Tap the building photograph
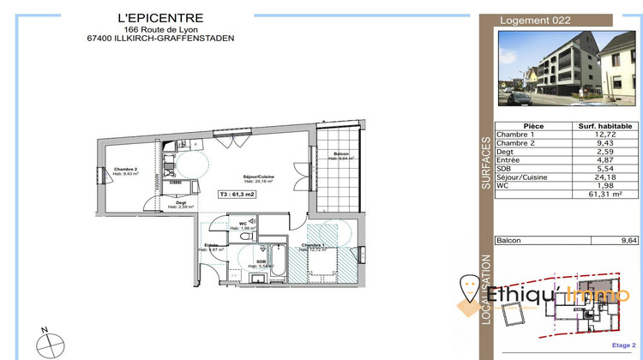[x=568, y=68]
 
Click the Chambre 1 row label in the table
[x=516, y=135]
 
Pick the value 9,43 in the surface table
[x=605, y=143]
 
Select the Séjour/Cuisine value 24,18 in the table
[x=605, y=177]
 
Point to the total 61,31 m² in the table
[x=604, y=195]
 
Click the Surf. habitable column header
[x=605, y=126]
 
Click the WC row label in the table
[x=504, y=186]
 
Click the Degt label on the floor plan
[x=181, y=204]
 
